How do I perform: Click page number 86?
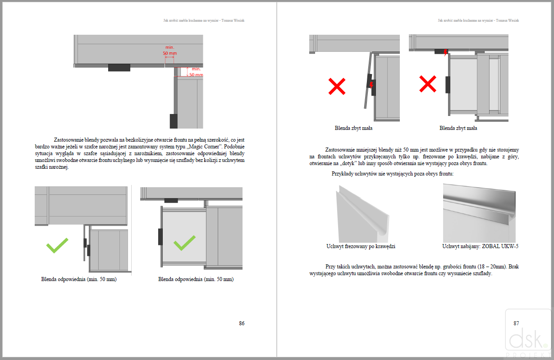[x=242, y=323]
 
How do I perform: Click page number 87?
[x=516, y=323]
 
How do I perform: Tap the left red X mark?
[x=337, y=86]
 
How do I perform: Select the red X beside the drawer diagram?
[x=428, y=84]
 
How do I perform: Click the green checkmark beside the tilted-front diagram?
[x=57, y=245]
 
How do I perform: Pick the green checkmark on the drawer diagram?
[x=185, y=243]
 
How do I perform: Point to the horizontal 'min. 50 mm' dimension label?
[x=170, y=50]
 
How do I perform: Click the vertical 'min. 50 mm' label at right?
[x=196, y=72]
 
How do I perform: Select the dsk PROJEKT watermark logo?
[x=528, y=334]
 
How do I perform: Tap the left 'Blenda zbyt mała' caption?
[x=353, y=128]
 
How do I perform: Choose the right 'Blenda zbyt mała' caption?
[x=458, y=128]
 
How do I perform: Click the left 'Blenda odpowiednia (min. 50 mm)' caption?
[x=79, y=279]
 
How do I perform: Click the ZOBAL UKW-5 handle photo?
[x=479, y=212]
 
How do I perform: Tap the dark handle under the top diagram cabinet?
[x=119, y=68]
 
